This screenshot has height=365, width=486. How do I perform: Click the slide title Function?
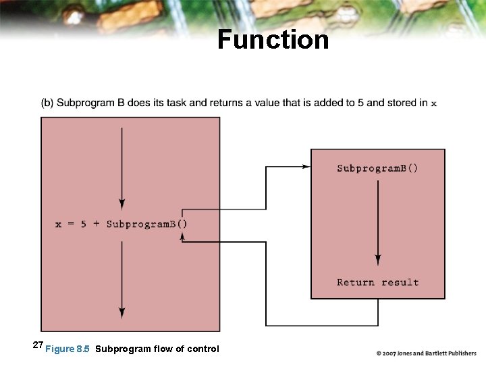coord(273,40)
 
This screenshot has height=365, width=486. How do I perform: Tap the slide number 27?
coord(38,345)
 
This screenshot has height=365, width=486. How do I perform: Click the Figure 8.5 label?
coord(67,349)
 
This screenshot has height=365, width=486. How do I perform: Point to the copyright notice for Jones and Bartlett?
coord(426,353)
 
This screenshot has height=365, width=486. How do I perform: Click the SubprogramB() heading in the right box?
coord(377,168)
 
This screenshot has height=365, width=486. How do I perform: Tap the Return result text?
coord(377,283)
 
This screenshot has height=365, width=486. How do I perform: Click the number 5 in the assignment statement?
coord(84,224)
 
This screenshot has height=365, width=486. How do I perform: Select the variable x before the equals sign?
coord(59,224)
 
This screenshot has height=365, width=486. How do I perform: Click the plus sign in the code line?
coord(96,224)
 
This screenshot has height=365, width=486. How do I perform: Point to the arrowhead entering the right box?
coord(307,167)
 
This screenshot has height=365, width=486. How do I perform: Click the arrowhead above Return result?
coord(378,260)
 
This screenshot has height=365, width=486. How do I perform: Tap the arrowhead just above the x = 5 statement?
coord(122,203)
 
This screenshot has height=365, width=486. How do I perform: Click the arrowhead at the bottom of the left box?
coord(122,313)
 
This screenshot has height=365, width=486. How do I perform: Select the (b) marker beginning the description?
coord(47,103)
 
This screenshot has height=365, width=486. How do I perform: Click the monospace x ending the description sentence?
coord(433,103)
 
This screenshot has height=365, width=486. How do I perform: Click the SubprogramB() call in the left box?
coord(146,224)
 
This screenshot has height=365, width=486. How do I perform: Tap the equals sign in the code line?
coord(71,224)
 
